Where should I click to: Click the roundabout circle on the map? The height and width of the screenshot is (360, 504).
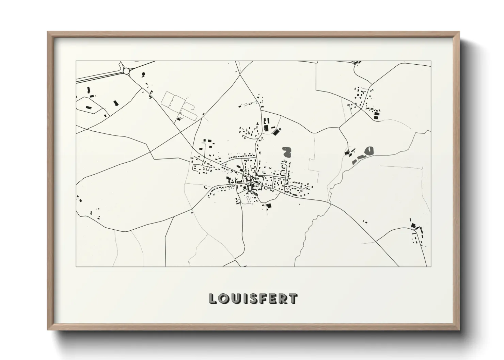[x=127, y=71]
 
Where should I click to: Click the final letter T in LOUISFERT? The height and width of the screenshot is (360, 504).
[x=294, y=299]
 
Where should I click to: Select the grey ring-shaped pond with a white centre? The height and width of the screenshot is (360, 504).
[x=368, y=150]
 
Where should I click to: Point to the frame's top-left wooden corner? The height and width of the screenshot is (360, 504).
[x=49, y=33]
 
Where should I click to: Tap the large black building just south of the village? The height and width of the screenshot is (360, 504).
[x=269, y=206]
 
